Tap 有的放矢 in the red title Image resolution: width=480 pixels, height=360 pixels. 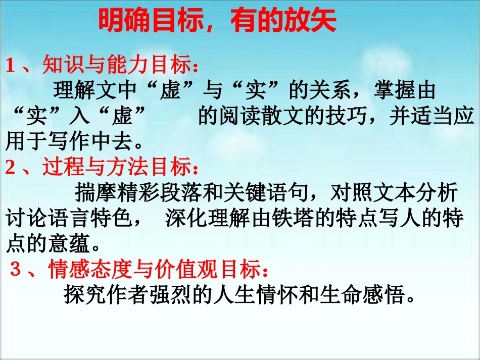[283, 22]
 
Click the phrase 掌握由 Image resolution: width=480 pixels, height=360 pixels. [404, 91]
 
